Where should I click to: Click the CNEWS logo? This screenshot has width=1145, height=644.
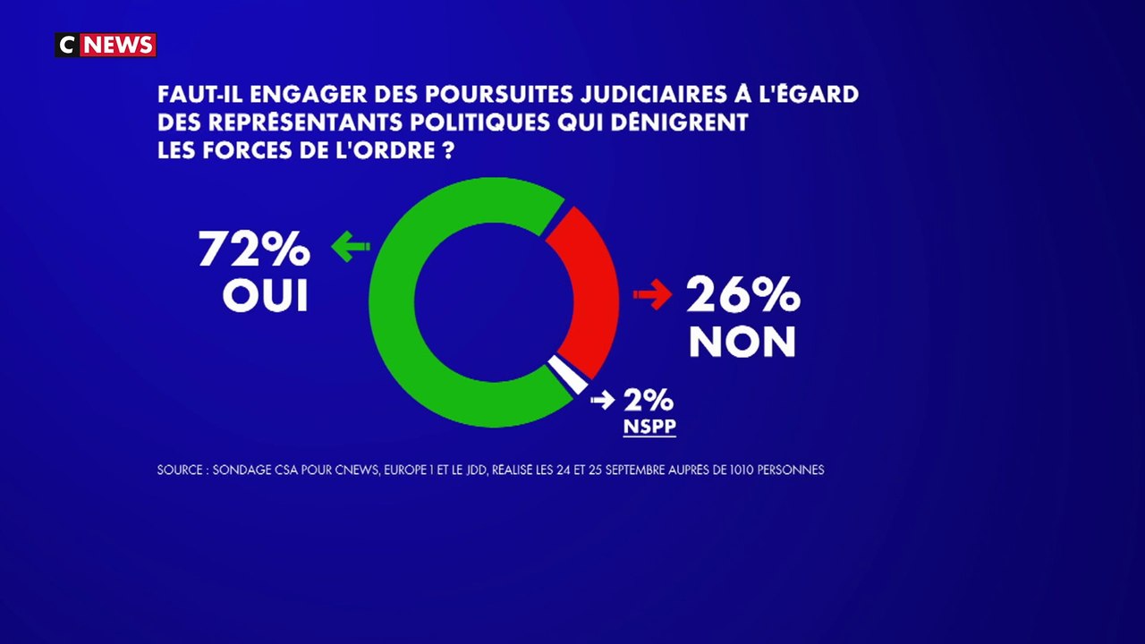click(x=106, y=45)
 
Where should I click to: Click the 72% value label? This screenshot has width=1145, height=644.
click(x=254, y=250)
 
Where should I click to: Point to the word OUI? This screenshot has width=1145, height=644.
click(x=265, y=296)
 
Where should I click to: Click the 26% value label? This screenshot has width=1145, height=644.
click(x=742, y=294)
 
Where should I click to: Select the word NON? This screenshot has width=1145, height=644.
click(x=742, y=342)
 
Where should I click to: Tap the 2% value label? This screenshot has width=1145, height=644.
click(x=649, y=400)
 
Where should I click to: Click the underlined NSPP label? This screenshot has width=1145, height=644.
click(x=649, y=428)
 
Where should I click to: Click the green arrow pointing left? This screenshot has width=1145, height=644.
click(x=350, y=248)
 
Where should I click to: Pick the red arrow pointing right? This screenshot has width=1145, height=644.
click(x=652, y=295)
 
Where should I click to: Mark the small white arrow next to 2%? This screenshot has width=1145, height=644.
click(x=603, y=400)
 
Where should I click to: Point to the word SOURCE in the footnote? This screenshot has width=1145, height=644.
click(x=180, y=470)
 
